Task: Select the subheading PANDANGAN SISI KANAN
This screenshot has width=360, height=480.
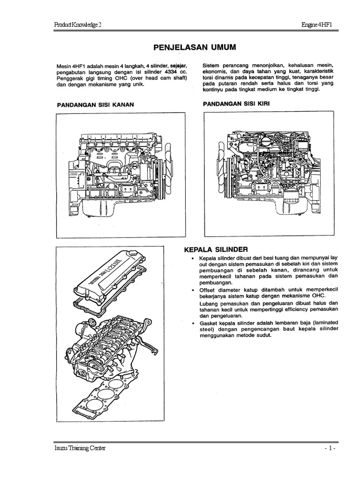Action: [96, 105]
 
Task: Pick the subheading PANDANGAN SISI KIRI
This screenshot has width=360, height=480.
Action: [236, 102]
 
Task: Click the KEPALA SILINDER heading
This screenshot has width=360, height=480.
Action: [216, 249]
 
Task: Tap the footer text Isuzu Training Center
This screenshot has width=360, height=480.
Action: [80, 448]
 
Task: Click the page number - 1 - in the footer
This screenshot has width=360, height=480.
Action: [327, 449]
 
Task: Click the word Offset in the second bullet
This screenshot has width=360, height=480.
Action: [208, 290]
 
